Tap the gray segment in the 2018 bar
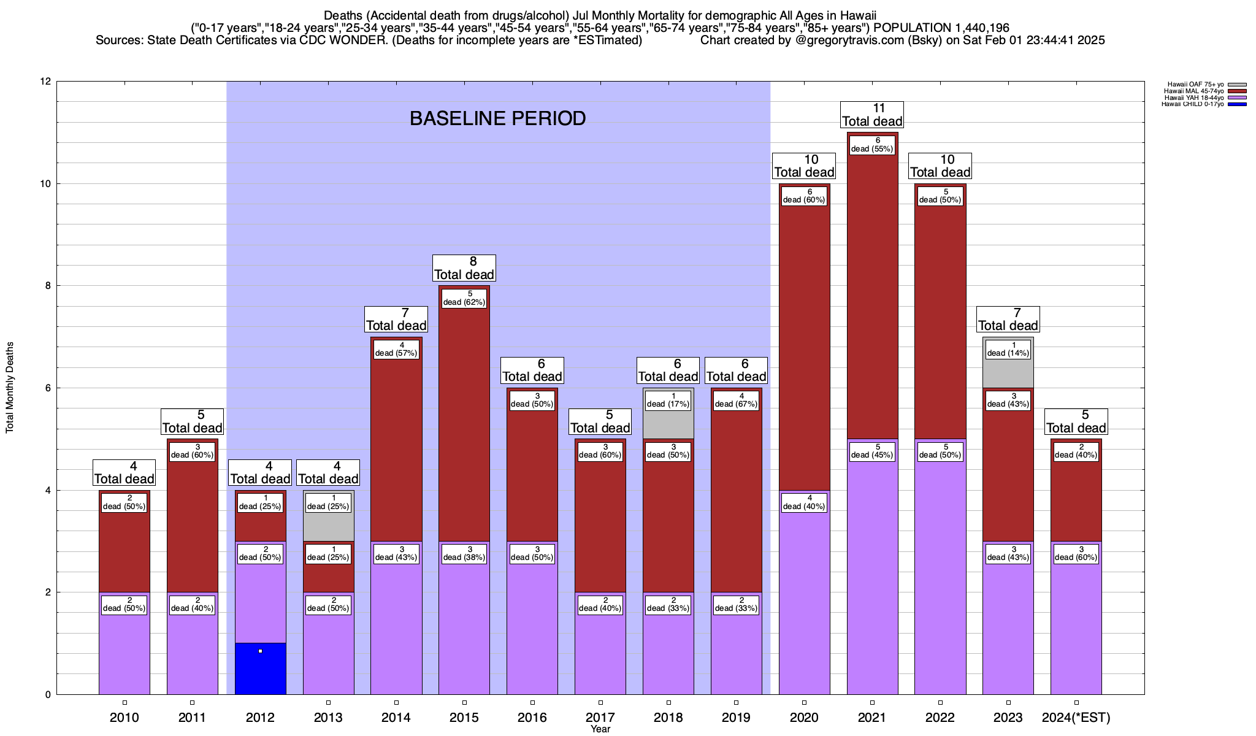(668, 423)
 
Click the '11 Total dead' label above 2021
(871, 115)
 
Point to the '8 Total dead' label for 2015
(464, 268)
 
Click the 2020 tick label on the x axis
(804, 718)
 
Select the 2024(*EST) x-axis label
(1076, 718)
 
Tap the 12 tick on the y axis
(45, 82)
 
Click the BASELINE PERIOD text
(497, 118)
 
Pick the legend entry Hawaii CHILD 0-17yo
(1192, 104)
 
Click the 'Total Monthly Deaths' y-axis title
(10, 388)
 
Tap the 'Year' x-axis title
(600, 729)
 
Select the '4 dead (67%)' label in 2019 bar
(736, 400)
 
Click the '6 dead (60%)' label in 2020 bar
(804, 196)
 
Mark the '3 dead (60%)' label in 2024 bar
(1076, 553)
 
